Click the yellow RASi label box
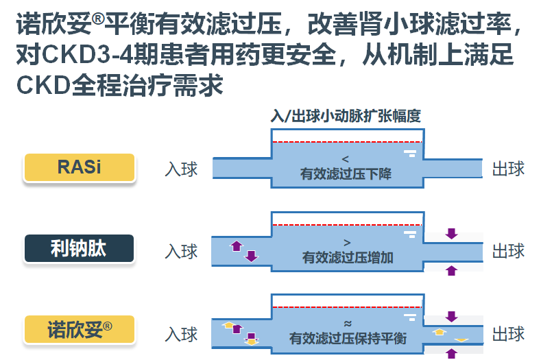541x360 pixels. point(79,167)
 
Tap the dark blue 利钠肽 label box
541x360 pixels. point(79,248)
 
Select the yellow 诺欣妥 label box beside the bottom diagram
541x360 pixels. point(79,329)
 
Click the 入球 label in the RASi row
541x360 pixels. point(181,169)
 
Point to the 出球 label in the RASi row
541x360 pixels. point(508,169)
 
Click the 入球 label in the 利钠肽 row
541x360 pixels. point(181,251)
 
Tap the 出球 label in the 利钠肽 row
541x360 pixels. point(508,250)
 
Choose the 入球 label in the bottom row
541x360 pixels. point(181,334)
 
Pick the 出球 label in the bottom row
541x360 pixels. point(508,334)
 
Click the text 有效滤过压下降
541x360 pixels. point(346,173)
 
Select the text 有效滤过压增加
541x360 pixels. point(348,258)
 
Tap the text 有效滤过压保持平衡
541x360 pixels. point(348,338)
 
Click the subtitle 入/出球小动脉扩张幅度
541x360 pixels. point(346,116)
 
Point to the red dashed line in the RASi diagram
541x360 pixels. point(348,142)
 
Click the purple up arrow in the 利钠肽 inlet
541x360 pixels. point(237,245)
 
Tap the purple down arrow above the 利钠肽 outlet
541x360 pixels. point(451,234)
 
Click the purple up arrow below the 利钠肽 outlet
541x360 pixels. point(451,271)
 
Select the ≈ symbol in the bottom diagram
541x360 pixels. point(348,324)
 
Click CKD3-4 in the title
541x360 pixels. point(88,55)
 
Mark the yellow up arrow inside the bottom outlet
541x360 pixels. point(440,332)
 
